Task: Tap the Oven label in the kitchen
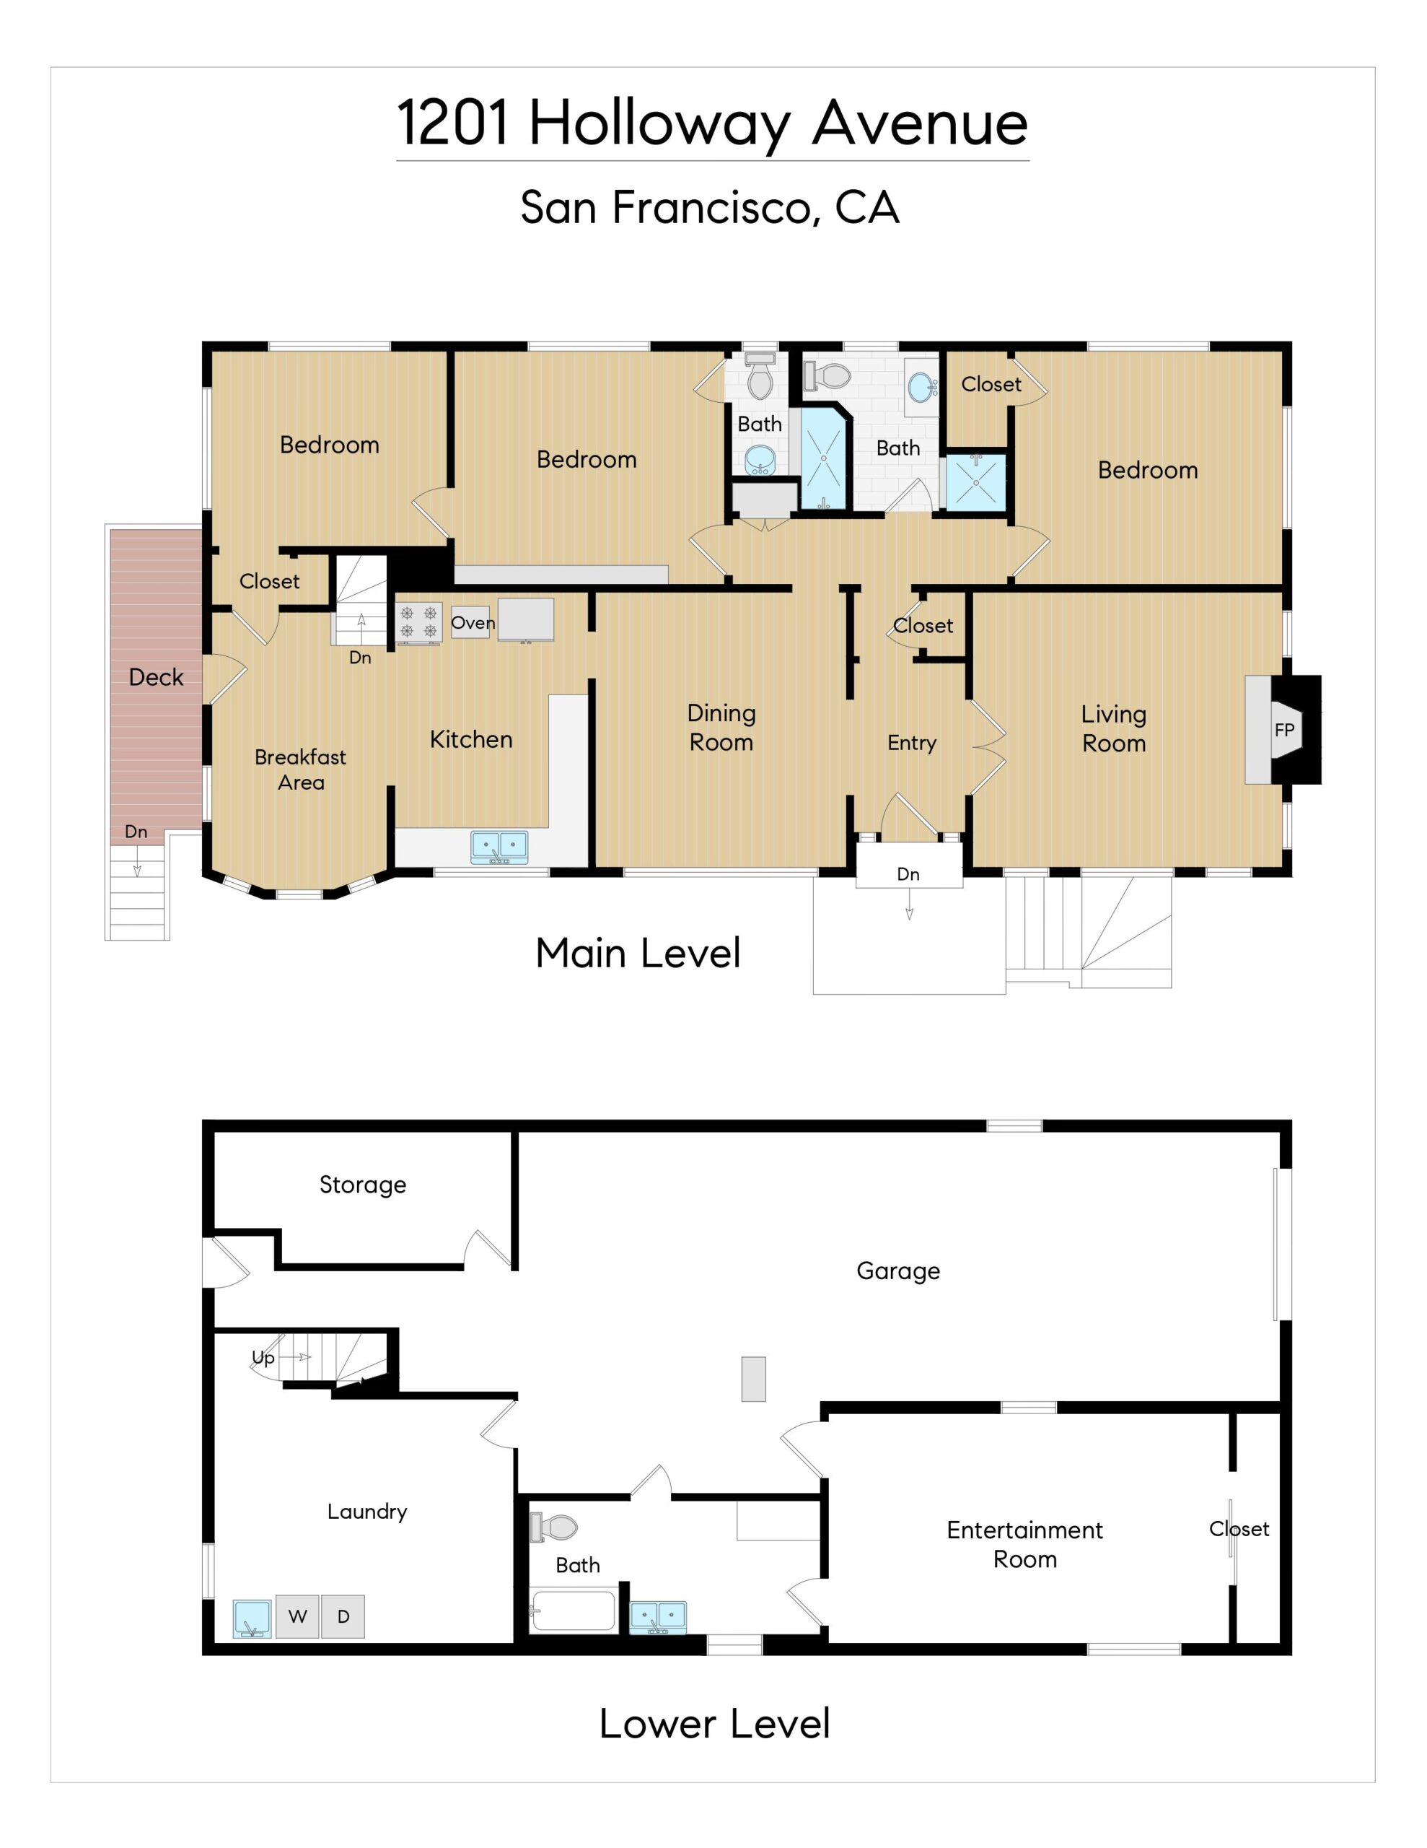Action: pyautogui.click(x=472, y=623)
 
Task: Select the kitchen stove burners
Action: pyautogui.click(x=418, y=623)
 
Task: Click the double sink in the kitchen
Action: pyautogui.click(x=499, y=847)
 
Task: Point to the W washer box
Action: pyautogui.click(x=297, y=1616)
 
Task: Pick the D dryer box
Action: pyautogui.click(x=343, y=1616)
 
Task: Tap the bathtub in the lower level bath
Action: pyautogui.click(x=573, y=1611)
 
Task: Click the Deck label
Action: pyautogui.click(x=156, y=677)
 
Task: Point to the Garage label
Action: pyautogui.click(x=898, y=1271)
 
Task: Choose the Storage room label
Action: pyautogui.click(x=363, y=1185)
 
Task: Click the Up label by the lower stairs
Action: pyautogui.click(x=263, y=1358)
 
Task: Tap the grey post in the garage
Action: pyautogui.click(x=754, y=1380)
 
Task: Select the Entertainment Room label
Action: pyautogui.click(x=1025, y=1544)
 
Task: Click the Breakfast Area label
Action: pyautogui.click(x=300, y=769)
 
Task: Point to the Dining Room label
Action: pyautogui.click(x=721, y=728)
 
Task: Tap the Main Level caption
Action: pyautogui.click(x=638, y=953)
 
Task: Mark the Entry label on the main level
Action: pyautogui.click(x=912, y=743)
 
